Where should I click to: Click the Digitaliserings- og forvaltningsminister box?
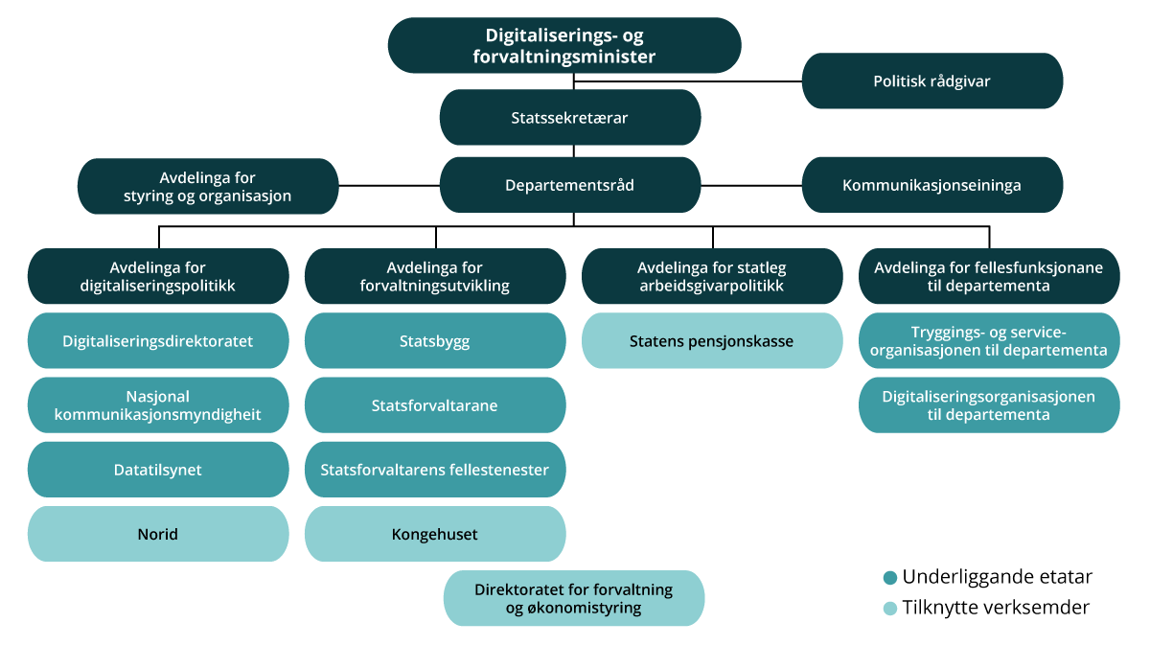(564, 46)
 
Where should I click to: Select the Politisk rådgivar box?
(931, 81)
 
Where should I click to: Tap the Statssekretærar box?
(570, 118)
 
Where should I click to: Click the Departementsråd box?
(570, 185)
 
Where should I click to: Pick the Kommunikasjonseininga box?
(931, 185)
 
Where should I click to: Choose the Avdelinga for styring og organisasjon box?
(208, 186)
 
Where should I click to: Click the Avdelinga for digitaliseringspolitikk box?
(158, 276)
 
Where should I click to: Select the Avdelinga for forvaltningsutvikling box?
(435, 276)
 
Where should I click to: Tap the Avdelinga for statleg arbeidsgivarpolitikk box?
(712, 276)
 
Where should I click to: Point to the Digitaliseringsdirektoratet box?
(158, 340)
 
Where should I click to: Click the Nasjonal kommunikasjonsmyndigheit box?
(158, 405)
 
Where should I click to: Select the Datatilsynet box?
(158, 470)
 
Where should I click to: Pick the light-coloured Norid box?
(158, 534)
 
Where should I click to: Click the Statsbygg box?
(435, 340)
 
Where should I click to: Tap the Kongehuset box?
(435, 534)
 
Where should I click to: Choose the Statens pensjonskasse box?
(712, 340)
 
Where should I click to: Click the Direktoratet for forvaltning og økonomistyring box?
(574, 598)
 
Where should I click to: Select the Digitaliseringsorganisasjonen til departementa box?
(989, 405)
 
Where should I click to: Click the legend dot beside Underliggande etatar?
(890, 578)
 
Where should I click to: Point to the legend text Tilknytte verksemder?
(996, 608)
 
